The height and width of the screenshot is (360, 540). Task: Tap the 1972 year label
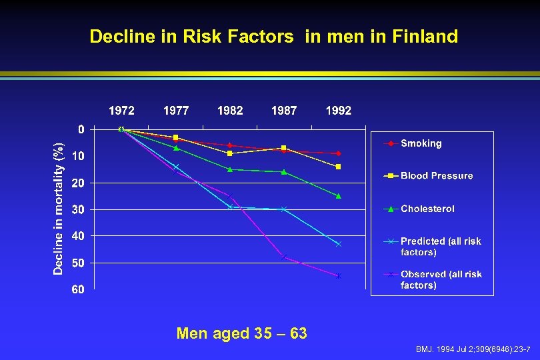coord(121,111)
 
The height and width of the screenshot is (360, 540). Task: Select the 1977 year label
coord(176,111)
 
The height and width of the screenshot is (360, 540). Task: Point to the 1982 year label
coord(230,111)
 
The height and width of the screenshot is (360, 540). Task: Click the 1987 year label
coord(284,111)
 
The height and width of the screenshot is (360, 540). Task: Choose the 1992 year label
coord(338,111)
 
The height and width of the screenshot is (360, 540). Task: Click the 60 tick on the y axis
coord(79,289)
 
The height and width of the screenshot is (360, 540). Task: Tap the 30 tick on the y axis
coord(79,209)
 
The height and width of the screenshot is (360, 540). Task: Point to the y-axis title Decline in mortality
coord(59,208)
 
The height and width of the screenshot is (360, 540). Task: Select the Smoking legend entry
coord(421,143)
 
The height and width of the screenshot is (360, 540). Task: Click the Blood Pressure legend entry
coord(437,176)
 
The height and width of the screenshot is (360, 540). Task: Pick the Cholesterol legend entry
coord(427,209)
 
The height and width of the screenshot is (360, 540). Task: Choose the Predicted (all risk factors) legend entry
coord(440,247)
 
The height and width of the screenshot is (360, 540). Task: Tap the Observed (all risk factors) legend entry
coord(441,279)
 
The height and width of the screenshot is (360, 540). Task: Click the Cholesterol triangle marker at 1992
coord(339,196)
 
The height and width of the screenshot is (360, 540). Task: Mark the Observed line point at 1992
coord(339,276)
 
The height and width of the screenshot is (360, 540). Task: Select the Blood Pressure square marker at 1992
coord(339,167)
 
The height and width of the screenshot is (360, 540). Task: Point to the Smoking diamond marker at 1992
coord(339,153)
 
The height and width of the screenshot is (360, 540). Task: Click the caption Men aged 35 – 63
coord(242,333)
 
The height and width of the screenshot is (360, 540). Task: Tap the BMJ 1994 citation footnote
coord(472,349)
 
